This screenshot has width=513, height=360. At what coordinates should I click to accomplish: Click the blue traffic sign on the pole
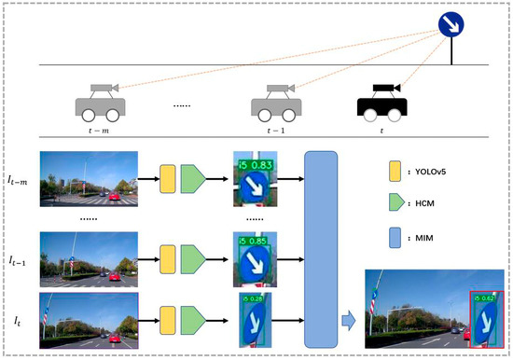pyautogui.click(x=451, y=21)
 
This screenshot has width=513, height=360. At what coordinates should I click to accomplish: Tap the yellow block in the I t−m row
pyautogui.click(x=168, y=177)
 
